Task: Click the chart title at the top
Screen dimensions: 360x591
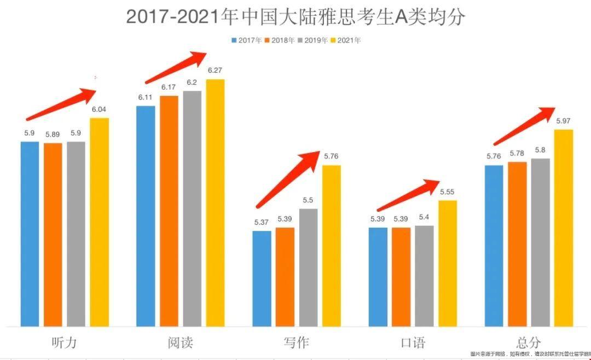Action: [x=296, y=16]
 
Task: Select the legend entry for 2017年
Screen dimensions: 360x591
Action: [x=247, y=40]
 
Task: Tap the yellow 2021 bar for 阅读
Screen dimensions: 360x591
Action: [x=215, y=202]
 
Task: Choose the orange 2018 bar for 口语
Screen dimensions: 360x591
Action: [x=401, y=276]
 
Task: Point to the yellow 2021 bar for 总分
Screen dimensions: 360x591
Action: [x=563, y=228]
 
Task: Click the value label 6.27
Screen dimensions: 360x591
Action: [x=215, y=71]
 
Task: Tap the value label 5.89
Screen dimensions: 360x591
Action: [x=53, y=134]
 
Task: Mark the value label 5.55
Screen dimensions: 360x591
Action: [x=447, y=192]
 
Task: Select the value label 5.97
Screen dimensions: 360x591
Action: [x=564, y=121]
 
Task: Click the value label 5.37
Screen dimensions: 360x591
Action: [x=262, y=222]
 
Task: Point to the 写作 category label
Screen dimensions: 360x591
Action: [x=296, y=342]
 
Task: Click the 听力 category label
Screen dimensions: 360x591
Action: [x=64, y=342]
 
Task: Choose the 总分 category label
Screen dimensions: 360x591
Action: [x=528, y=342]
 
